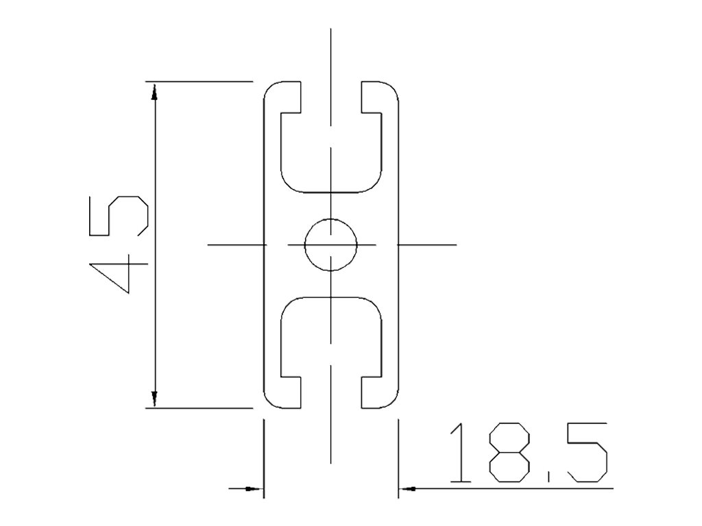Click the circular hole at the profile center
(331, 245)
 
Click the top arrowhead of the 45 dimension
(155, 90)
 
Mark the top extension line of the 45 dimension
(199, 82)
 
